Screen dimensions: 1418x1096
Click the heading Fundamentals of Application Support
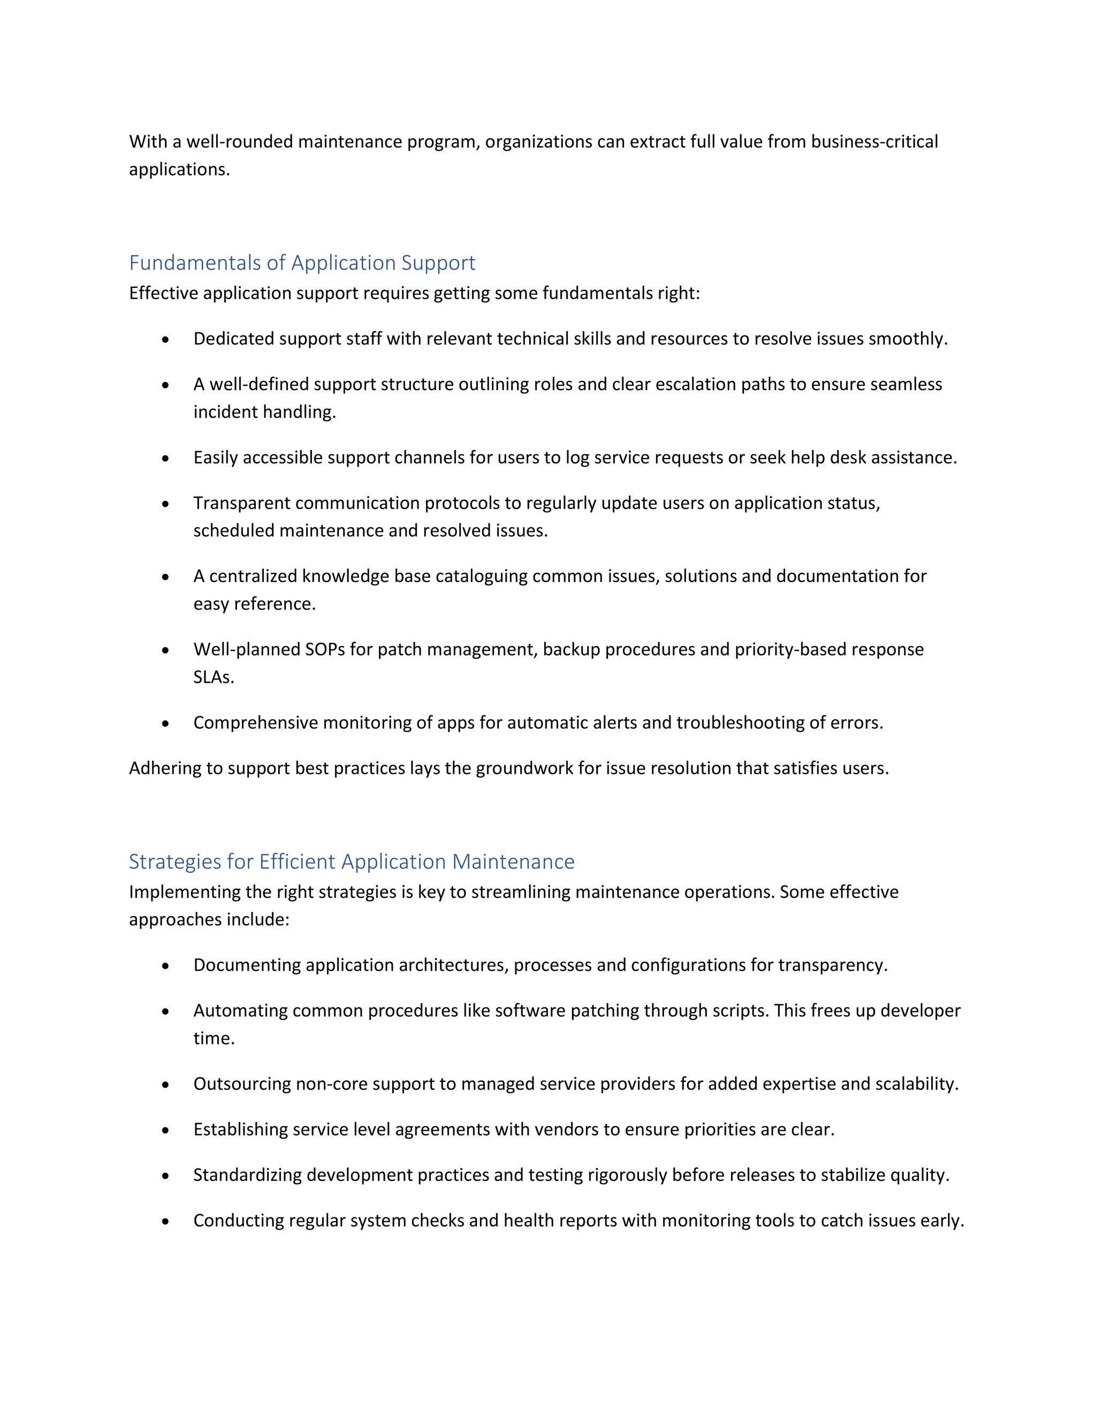coord(302,263)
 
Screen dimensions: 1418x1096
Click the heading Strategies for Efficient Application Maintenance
coord(351,862)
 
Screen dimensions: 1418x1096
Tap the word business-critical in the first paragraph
coord(874,142)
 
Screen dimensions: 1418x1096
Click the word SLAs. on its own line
coord(214,677)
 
